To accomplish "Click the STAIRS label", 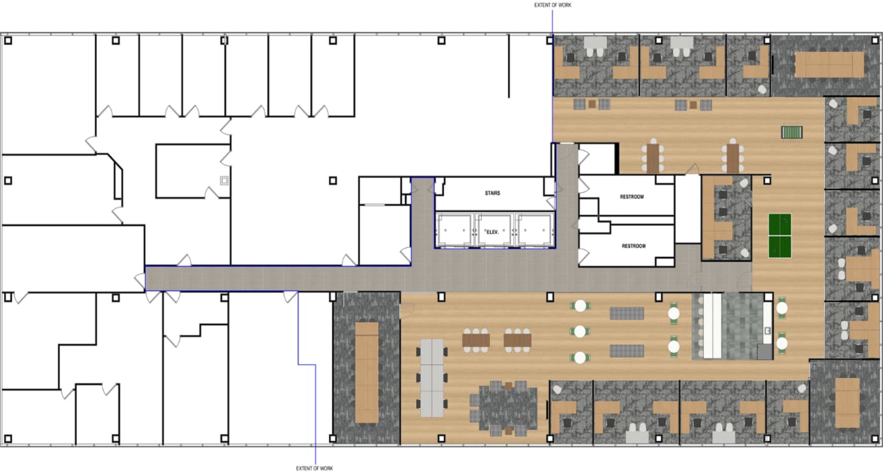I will point(492,193).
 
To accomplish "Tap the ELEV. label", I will point(492,232).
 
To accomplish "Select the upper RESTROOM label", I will point(632,197).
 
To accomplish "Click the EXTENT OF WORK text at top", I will point(552,5).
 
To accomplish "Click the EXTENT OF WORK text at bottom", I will point(315,469).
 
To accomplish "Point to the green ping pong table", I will point(780,236).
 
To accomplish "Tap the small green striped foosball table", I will point(791,133).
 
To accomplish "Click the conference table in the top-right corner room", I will point(829,64).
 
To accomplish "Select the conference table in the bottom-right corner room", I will point(847,402).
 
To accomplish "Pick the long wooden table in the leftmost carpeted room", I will point(366,372).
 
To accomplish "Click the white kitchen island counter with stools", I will point(712,326).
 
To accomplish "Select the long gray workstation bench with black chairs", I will point(431,377).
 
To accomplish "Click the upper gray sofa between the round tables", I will point(627,313).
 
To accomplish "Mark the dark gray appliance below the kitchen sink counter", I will point(764,351).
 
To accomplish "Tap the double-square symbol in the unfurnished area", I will point(224,180).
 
